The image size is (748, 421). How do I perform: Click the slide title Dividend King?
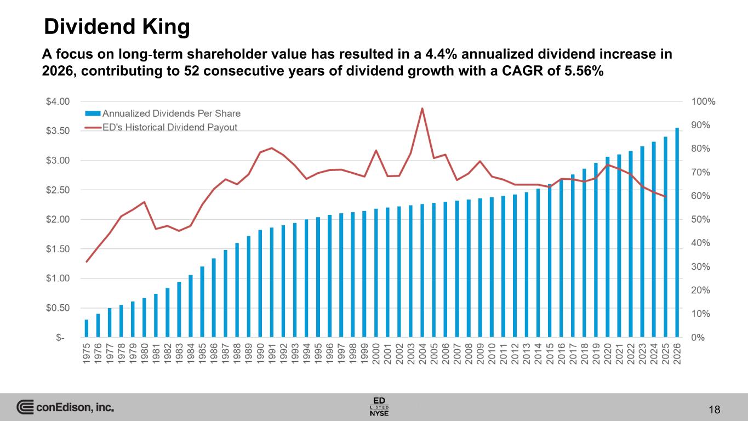pos(117,26)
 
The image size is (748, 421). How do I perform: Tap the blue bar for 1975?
pos(87,328)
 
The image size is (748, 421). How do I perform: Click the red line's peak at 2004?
pos(422,109)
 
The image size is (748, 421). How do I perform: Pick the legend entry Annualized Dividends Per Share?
pos(171,113)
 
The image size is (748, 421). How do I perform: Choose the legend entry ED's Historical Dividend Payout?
pos(169,127)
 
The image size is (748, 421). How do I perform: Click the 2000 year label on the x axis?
pos(376,353)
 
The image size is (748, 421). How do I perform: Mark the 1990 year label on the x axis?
pos(260,353)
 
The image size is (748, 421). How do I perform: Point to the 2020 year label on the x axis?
pos(607,353)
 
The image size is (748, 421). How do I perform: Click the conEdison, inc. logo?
pos(66,407)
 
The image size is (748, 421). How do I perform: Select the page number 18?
pos(713,409)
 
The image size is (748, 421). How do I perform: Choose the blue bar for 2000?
pos(376,273)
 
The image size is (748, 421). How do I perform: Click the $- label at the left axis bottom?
pos(61,338)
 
